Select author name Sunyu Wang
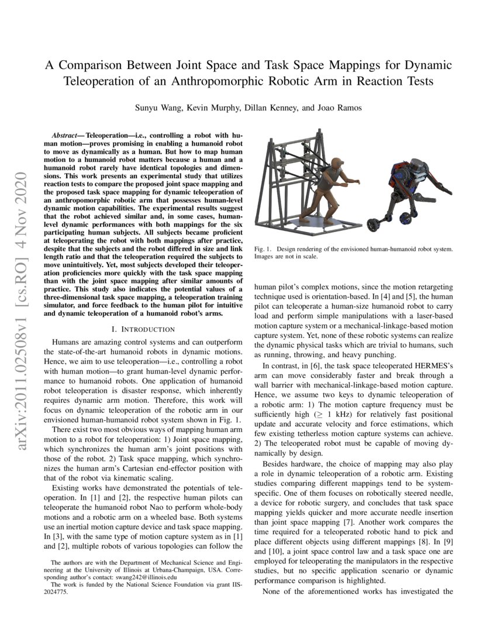(x=154, y=108)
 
